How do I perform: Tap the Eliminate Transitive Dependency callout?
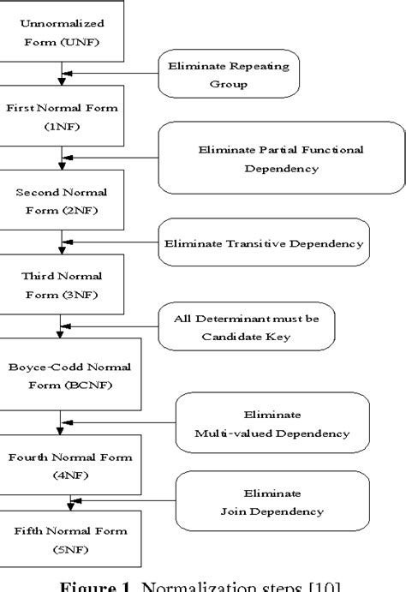[263, 243]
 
